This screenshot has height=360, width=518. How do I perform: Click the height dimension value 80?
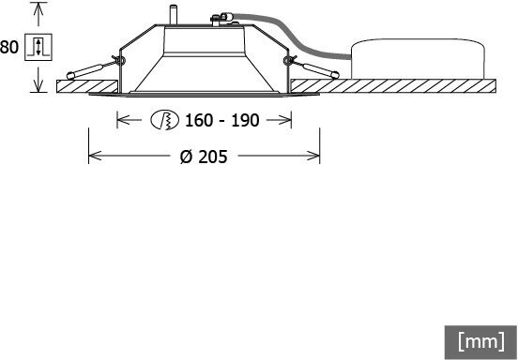pos(9,47)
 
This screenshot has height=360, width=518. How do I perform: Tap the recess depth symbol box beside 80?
pos(38,47)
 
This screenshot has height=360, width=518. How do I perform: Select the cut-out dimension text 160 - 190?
pos(221,120)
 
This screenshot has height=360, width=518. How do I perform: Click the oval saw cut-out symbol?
pos(164,119)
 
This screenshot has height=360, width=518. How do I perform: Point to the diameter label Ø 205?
pos(204,157)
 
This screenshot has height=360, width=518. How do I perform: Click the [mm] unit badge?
pos(480,342)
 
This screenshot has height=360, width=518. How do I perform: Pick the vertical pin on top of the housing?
pos(173,14)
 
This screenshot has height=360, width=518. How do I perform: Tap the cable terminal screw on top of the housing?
pos(216,20)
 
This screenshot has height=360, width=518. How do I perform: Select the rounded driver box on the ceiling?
pos(418,59)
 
